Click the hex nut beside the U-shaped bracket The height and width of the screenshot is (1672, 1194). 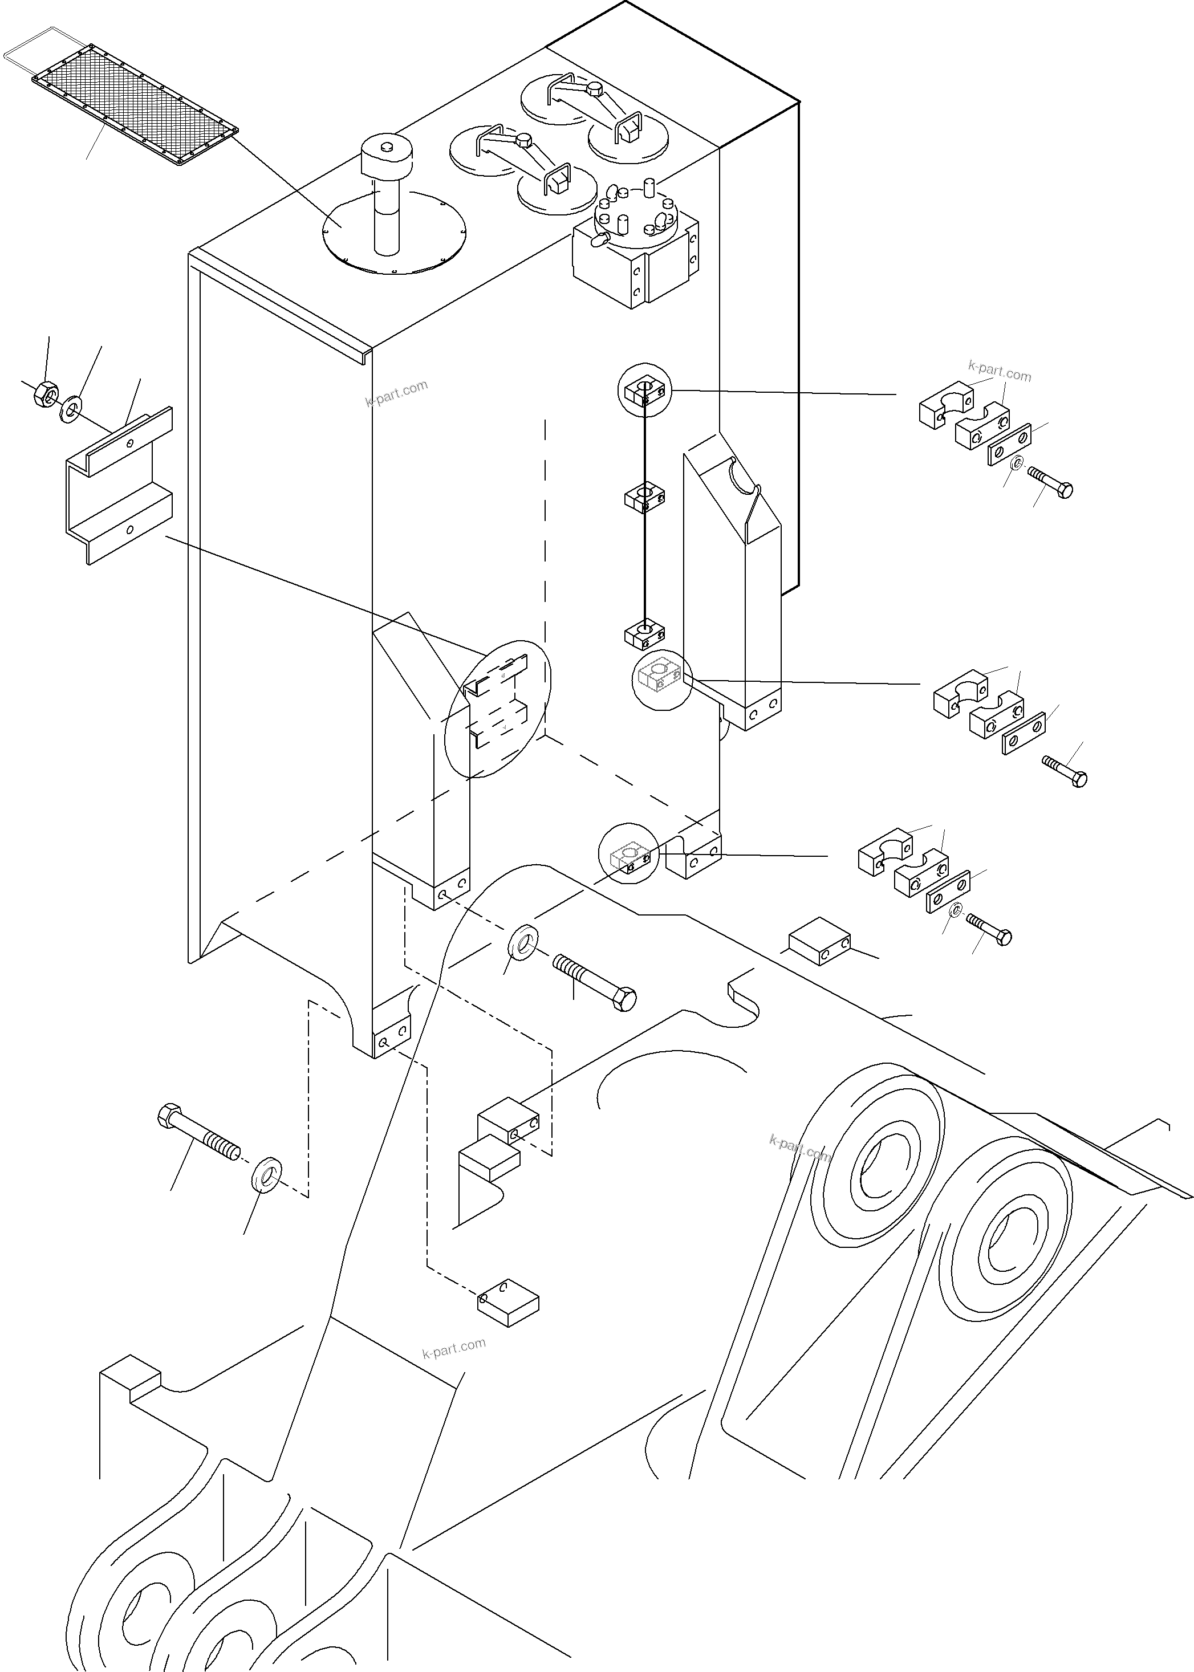pos(46,393)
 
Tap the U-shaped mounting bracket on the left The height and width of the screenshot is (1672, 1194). pos(117,485)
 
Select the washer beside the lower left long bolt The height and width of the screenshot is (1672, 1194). pos(267,1175)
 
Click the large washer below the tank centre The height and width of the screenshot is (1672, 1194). pos(523,942)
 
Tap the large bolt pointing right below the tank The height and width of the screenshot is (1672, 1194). pos(595,981)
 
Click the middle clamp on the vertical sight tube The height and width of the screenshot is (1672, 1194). pos(645,498)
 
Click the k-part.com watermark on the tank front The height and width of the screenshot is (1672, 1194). pos(396,393)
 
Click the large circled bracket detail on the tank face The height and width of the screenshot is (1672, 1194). pos(498,709)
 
